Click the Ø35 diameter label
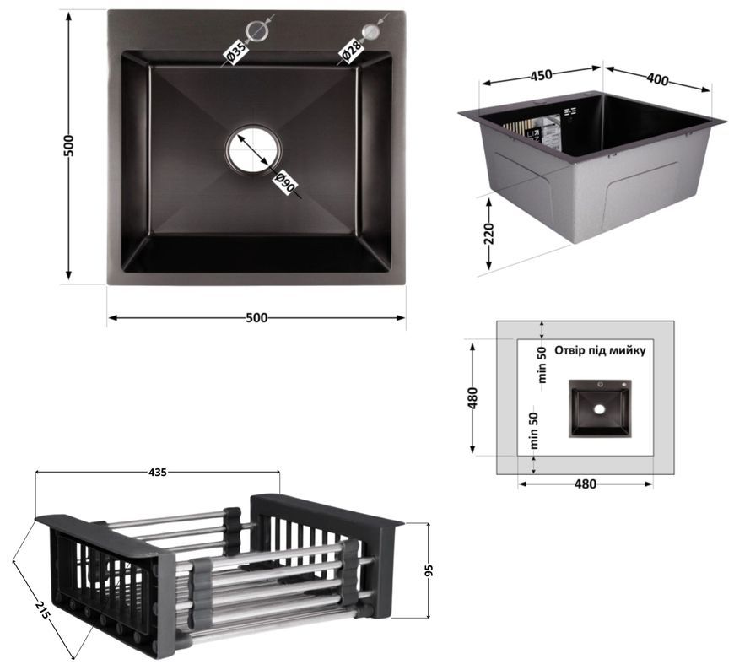pyautogui.click(x=235, y=51)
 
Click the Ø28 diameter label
pyautogui.click(x=351, y=51)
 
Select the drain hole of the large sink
pyautogui.click(x=254, y=150)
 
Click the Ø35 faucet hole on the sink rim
pyautogui.click(x=257, y=30)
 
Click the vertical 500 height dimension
pyautogui.click(x=68, y=146)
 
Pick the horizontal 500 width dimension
pyautogui.click(x=256, y=318)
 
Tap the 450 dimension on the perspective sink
pyautogui.click(x=541, y=75)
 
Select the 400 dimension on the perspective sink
pyautogui.click(x=658, y=79)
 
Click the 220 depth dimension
pyautogui.click(x=488, y=234)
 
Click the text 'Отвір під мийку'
pyautogui.click(x=600, y=350)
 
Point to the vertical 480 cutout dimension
pyautogui.click(x=472, y=398)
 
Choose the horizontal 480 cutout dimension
pyautogui.click(x=586, y=484)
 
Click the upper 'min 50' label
pyautogui.click(x=542, y=365)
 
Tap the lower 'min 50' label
pyautogui.click(x=534, y=430)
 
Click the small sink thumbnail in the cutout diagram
pyautogui.click(x=600, y=408)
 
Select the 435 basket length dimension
pyautogui.click(x=157, y=473)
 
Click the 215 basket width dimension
pyautogui.click(x=41, y=609)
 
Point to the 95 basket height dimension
pyautogui.click(x=429, y=570)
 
